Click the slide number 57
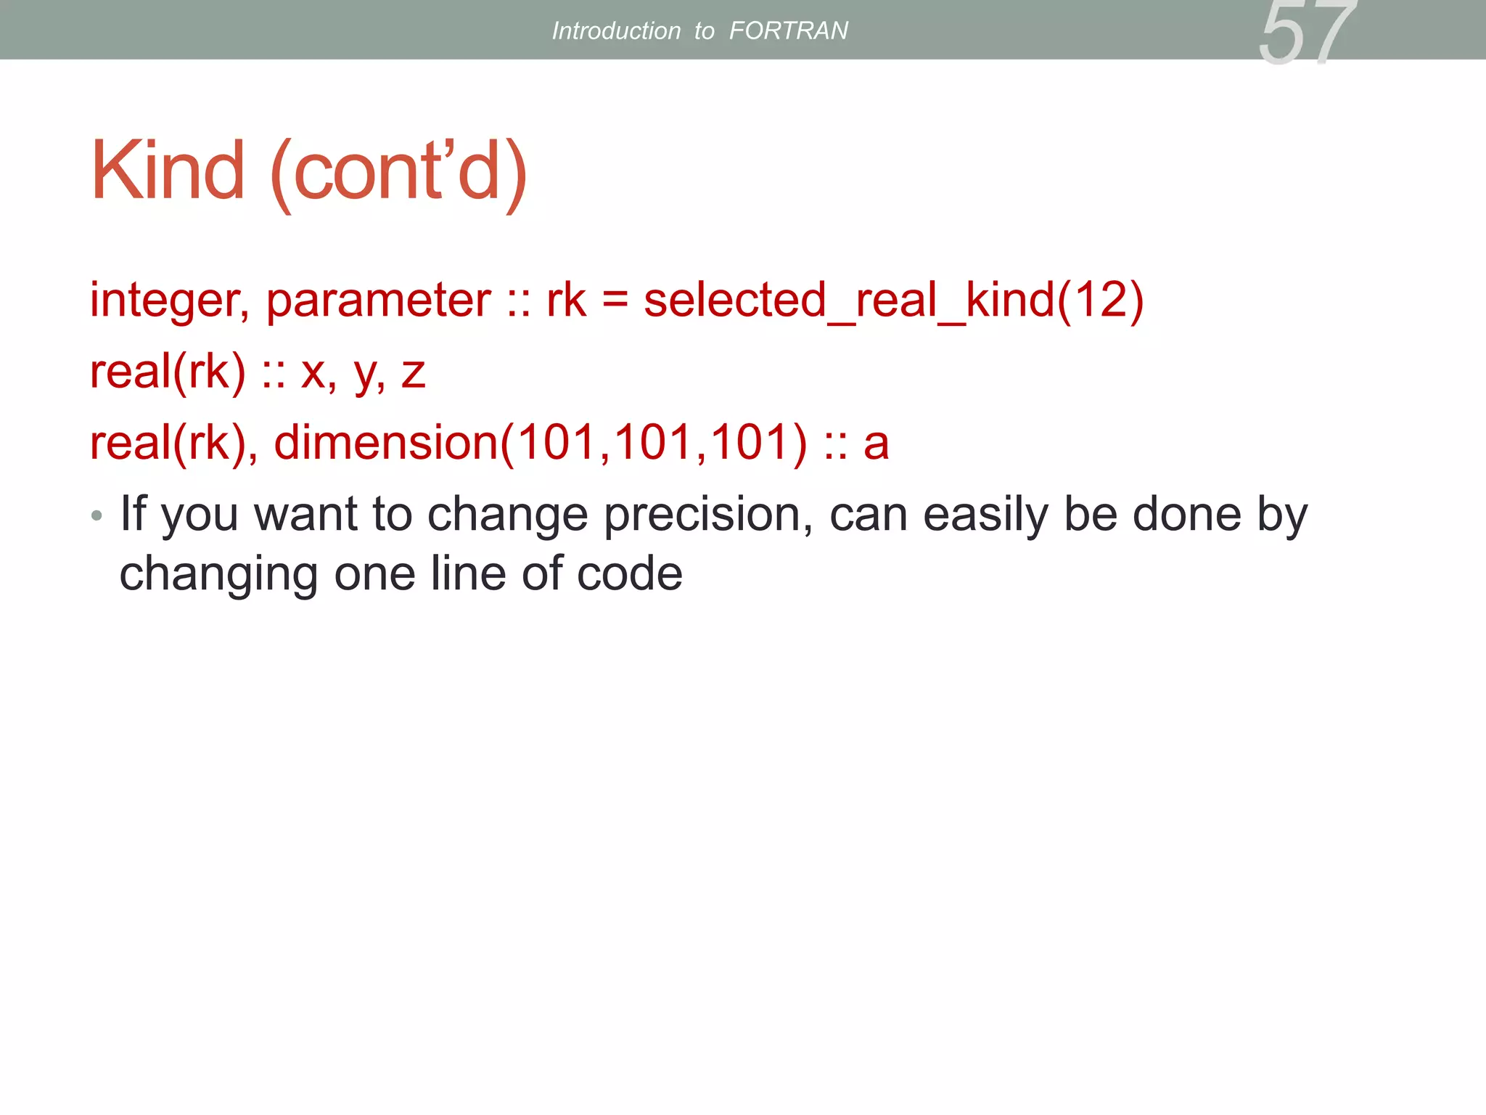point(1306,33)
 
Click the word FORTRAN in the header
point(788,30)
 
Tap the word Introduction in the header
point(616,30)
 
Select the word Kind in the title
point(168,171)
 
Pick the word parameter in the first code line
point(378,301)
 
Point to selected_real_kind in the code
point(849,301)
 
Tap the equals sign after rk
point(615,301)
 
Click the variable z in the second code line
point(413,373)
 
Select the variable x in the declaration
point(313,373)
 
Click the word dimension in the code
point(385,443)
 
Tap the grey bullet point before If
point(97,516)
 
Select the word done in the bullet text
point(1187,514)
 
